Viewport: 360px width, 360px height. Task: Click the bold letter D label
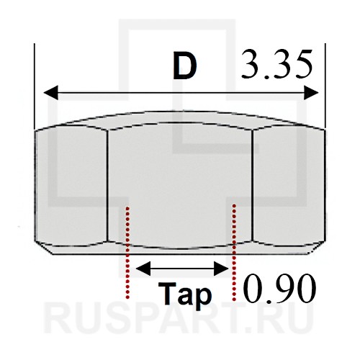185,65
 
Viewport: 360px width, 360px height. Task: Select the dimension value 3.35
277,64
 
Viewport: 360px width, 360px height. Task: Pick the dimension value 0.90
279,289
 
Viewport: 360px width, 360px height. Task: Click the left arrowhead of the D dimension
51,92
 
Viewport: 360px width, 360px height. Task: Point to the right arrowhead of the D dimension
311,92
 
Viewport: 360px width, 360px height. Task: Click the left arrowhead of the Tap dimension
143,269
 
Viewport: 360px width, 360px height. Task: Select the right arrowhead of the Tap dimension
221,269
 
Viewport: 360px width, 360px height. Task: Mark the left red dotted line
128,253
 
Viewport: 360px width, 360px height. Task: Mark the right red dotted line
234,252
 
